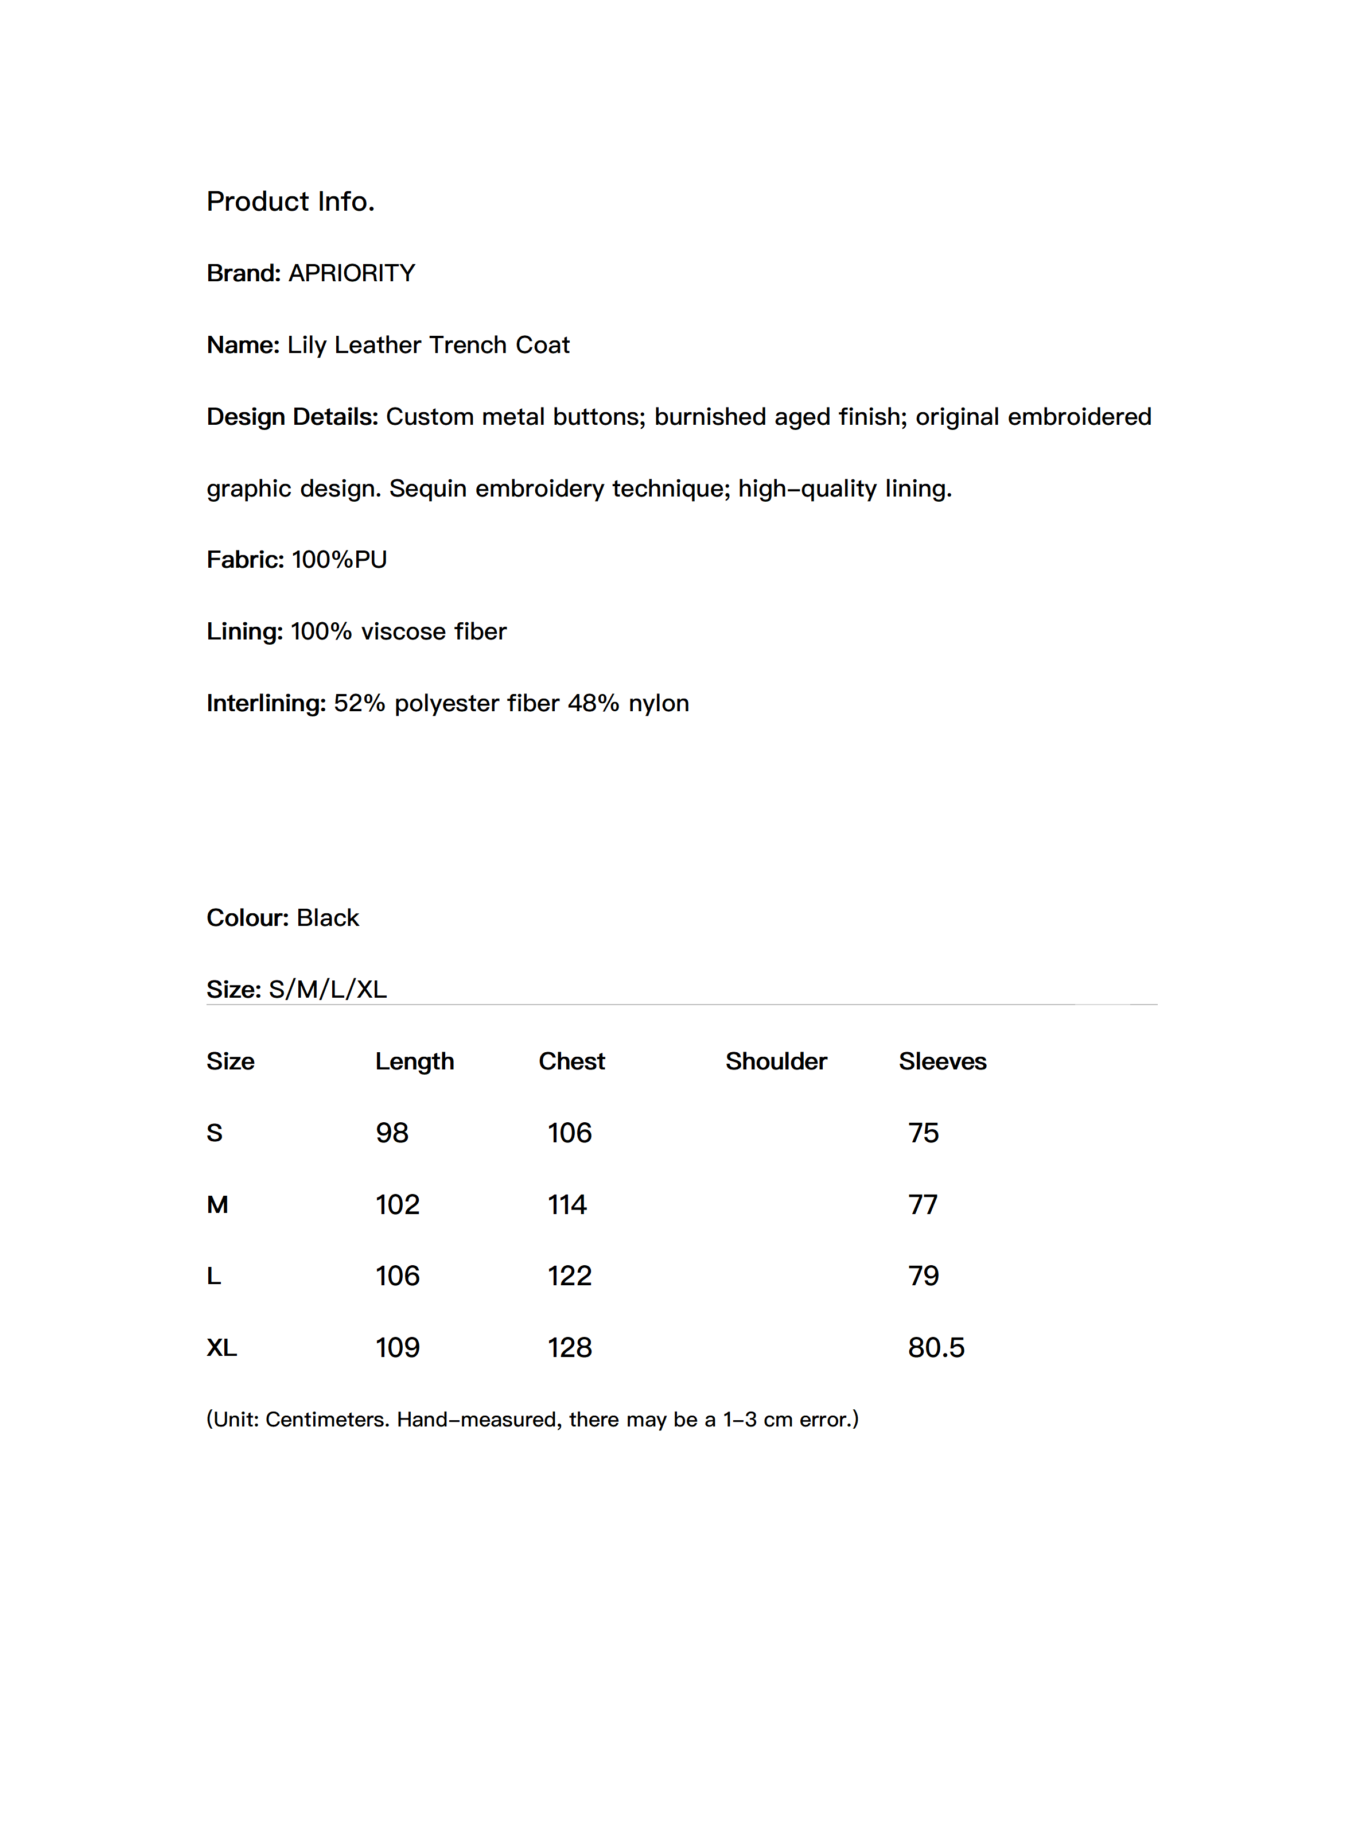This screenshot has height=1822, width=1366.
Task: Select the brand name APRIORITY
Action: pos(352,273)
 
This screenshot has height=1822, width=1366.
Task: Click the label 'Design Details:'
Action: pos(292,417)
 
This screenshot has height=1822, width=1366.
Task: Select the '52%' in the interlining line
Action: pos(359,703)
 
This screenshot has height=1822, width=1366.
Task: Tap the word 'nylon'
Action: pos(658,703)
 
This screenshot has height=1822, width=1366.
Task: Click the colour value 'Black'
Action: pos(328,917)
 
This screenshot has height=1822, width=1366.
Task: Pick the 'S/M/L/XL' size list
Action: pos(328,989)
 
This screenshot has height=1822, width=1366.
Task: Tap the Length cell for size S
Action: pos(392,1133)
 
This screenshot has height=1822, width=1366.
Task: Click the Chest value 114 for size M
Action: pos(567,1205)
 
